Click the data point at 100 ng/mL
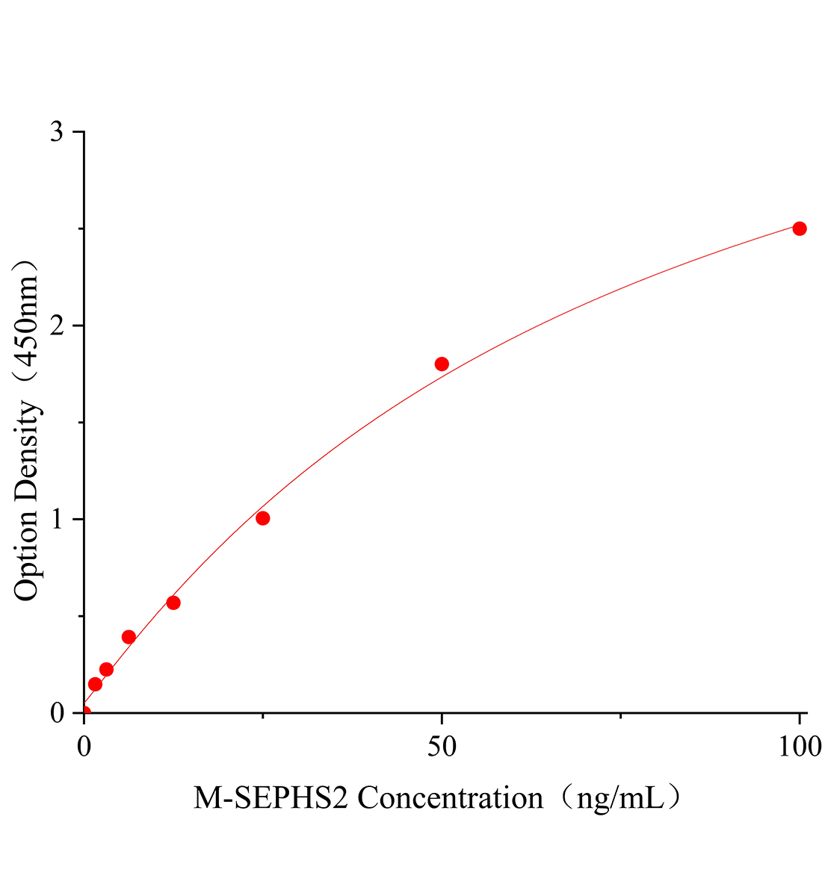800,228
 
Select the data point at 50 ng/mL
442,364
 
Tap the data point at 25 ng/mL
262,518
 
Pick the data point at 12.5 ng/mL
173,603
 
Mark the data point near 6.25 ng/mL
129,637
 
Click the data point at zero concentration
84,712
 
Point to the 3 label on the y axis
57,132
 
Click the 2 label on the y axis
57,326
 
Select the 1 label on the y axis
57,519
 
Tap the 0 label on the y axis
57,713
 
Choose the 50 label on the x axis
442,745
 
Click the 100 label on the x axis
799,745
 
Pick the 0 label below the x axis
84,745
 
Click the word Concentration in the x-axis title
451,798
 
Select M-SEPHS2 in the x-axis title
272,798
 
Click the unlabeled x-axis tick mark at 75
620,717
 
